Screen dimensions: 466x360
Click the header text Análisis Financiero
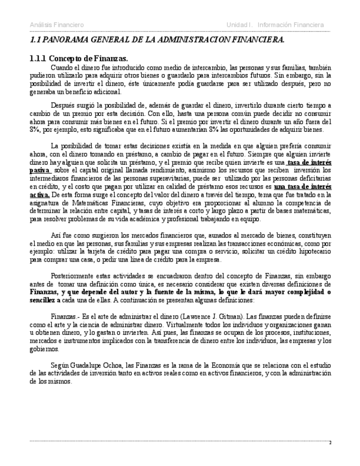point(57,25)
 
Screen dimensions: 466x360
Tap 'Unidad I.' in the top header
point(240,25)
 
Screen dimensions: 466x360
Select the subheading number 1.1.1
point(37,58)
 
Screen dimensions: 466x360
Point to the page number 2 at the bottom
point(330,442)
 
